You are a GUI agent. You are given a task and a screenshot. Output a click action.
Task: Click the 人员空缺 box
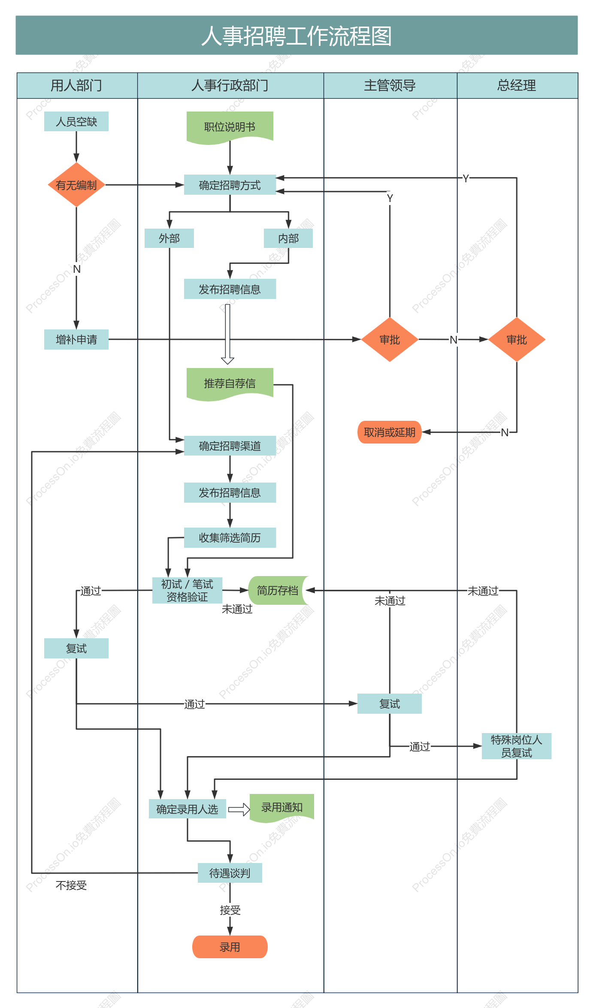pos(76,121)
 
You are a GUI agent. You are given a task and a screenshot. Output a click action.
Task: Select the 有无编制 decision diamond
pos(76,185)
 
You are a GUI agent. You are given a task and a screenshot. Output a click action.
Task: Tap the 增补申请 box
pos(76,339)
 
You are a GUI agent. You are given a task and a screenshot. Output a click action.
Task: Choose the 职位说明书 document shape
pos(230,127)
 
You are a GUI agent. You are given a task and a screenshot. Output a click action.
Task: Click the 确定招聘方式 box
pos(230,185)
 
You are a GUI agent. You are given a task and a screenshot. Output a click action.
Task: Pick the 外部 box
pos(169,238)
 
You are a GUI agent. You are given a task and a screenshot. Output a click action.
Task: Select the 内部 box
pos(288,238)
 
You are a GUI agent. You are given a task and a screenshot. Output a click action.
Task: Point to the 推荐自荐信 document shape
pos(230,384)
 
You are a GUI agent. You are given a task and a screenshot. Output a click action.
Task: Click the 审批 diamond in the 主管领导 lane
pos(390,339)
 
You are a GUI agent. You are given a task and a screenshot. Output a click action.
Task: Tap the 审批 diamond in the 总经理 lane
pos(517,339)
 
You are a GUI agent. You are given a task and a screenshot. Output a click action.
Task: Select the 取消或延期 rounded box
pos(390,432)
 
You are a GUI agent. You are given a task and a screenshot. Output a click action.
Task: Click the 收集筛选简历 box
pos(230,537)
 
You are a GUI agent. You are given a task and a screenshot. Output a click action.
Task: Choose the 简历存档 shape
pos(278,590)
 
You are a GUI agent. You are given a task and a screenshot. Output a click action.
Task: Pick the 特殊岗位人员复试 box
pos(517,746)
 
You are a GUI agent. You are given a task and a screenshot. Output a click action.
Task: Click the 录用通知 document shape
pos(282,808)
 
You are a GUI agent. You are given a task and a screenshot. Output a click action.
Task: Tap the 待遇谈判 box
pos(230,873)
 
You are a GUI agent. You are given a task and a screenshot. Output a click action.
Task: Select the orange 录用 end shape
pos(230,947)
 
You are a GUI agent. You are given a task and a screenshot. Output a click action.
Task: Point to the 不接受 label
pos(71,885)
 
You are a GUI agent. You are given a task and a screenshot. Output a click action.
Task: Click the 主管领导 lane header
pos(390,85)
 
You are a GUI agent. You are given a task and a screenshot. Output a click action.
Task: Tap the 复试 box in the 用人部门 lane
pos(76,648)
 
